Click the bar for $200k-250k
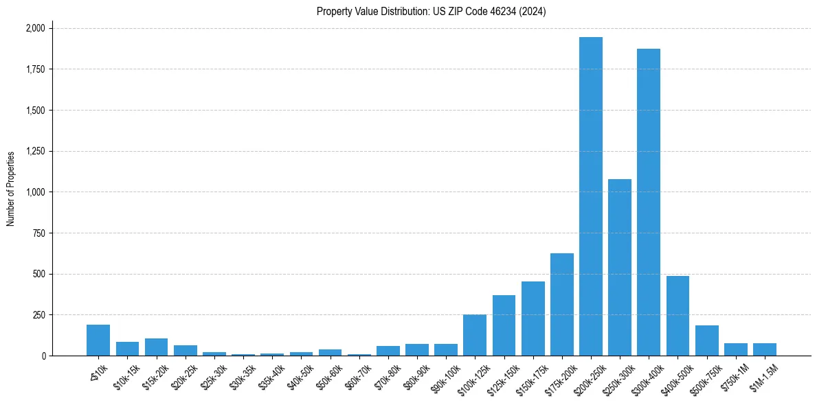[590, 196]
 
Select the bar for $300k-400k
[648, 202]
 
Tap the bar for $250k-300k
[619, 268]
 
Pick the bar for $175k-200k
[561, 305]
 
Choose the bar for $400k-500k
[678, 316]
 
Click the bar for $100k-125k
[474, 335]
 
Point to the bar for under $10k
[98, 340]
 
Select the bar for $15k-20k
[156, 347]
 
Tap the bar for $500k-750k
[706, 340]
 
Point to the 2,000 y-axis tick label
[35, 28]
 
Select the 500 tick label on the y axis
[40, 274]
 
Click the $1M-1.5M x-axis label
[763, 376]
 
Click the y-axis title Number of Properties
[11, 189]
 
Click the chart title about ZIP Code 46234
[431, 11]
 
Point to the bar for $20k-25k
[185, 351]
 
